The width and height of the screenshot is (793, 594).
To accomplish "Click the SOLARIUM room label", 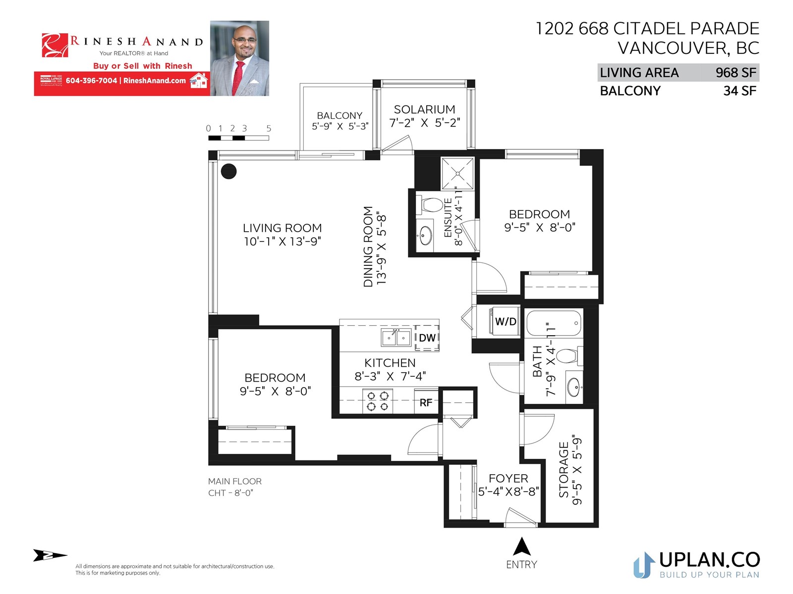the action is [x=424, y=109].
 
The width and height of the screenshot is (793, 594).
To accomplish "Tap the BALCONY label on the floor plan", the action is [x=339, y=115].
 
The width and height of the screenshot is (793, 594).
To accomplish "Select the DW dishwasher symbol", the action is [x=427, y=338].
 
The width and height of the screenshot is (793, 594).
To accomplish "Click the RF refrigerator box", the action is [x=426, y=402].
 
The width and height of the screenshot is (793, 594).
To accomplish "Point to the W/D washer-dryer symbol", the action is [x=505, y=321].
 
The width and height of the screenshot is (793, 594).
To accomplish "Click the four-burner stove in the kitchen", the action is [x=378, y=401].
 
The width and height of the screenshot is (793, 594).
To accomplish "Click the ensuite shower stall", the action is [x=458, y=173].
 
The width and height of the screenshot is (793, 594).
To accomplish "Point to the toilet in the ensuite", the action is [x=430, y=205].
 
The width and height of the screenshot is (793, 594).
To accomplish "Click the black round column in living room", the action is [x=228, y=171].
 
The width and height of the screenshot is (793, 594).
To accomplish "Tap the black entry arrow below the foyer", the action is [x=522, y=546].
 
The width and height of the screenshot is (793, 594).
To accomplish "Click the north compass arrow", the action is [x=50, y=555].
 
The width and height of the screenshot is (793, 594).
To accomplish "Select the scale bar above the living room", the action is [x=238, y=138].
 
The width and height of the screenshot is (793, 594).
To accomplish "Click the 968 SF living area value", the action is [x=736, y=73].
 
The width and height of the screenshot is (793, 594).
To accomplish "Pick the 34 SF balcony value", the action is [x=739, y=91].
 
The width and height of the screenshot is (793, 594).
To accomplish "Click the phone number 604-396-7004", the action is [x=91, y=80].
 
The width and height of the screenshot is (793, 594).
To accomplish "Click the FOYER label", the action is [x=509, y=478].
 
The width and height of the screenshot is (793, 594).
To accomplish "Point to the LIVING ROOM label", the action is [x=282, y=228].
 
